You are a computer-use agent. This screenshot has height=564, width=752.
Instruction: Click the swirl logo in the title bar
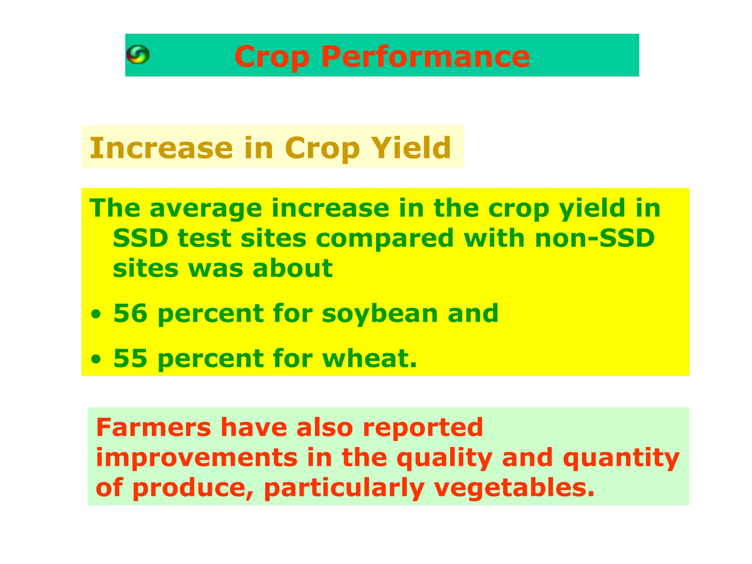(x=138, y=55)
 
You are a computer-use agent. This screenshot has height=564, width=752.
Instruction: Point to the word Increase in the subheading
(x=161, y=148)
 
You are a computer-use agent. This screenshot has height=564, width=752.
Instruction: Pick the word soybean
(x=380, y=314)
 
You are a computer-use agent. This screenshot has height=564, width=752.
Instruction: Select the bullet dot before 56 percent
(x=96, y=315)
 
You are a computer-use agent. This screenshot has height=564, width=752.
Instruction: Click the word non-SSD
(x=595, y=238)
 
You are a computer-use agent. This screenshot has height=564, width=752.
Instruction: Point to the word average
(x=206, y=209)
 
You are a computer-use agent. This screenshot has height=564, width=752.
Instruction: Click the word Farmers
(x=153, y=427)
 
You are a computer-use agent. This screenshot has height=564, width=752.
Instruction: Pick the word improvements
(x=196, y=458)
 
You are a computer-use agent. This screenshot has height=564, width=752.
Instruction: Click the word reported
(x=423, y=428)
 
